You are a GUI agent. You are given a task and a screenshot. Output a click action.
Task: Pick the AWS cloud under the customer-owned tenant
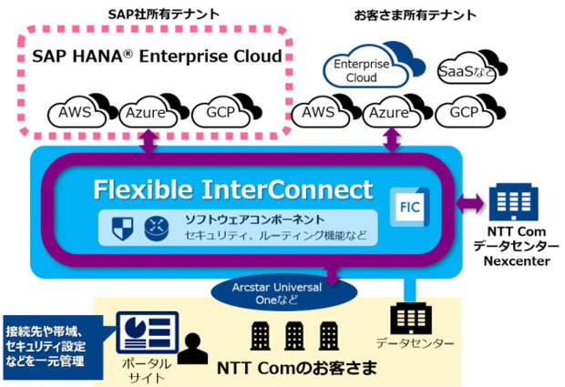(320, 113)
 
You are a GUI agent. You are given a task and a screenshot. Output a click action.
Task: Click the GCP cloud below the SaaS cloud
(465, 113)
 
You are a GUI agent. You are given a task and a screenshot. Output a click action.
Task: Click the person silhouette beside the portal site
(191, 344)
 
